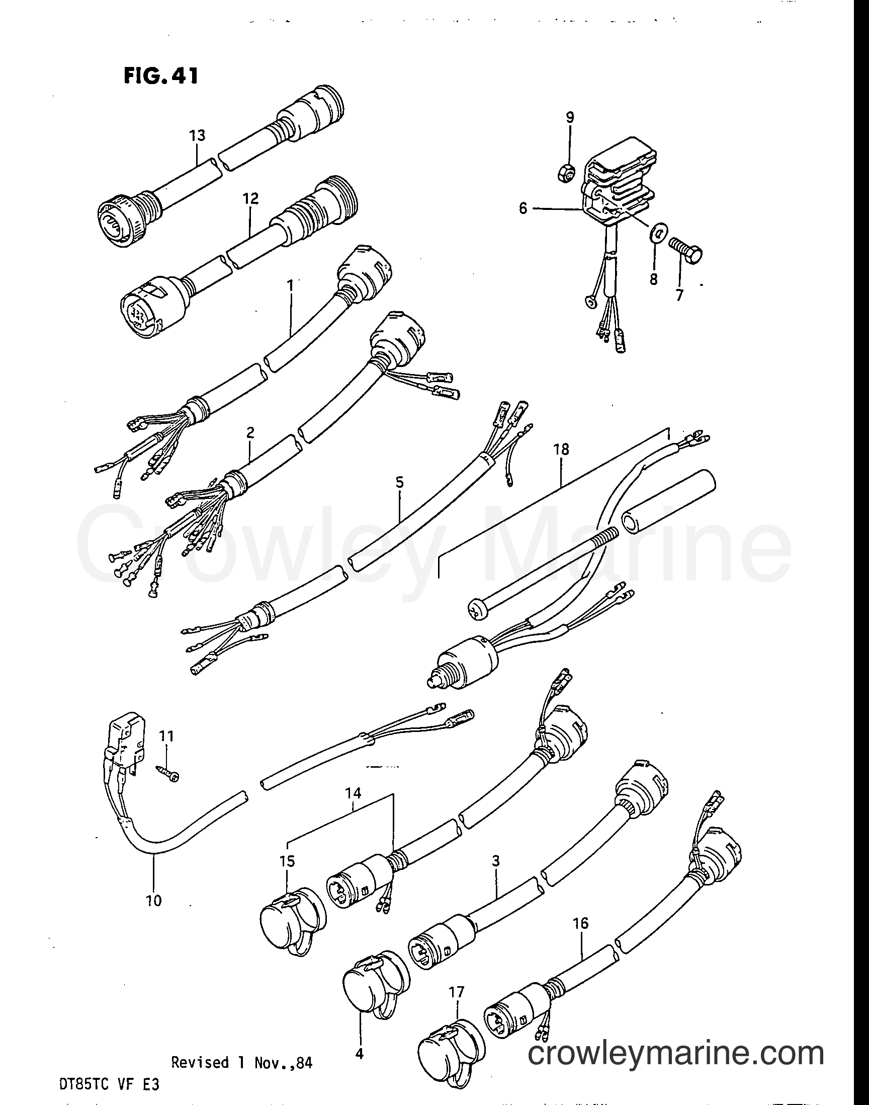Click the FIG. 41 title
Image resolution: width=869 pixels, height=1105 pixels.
(160, 76)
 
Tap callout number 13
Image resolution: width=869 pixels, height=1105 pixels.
(198, 135)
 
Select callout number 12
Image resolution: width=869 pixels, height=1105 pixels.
(250, 198)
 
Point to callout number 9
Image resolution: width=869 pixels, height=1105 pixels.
(570, 117)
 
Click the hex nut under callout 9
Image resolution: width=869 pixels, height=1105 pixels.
(570, 174)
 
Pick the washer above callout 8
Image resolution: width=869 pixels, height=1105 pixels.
(659, 234)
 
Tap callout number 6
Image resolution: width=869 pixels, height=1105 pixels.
(523, 208)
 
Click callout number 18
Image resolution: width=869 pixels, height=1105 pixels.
(561, 449)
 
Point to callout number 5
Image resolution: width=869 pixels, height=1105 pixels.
(399, 482)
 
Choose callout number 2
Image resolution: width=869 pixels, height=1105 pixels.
(250, 433)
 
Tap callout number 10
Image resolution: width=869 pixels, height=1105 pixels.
(153, 900)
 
